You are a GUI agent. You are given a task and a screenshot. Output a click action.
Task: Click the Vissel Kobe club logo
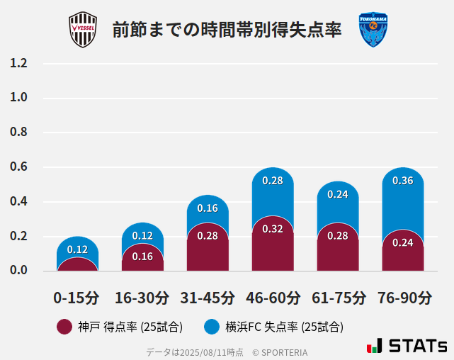[x=82, y=30]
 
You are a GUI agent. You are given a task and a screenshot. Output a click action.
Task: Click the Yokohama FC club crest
[x=373, y=30]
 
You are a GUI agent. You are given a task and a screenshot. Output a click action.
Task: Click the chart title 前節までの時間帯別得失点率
[x=227, y=30]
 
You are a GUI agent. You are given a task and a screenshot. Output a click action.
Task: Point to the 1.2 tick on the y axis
[x=18, y=63]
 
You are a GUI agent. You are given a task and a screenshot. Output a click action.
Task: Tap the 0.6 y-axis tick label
[x=18, y=167]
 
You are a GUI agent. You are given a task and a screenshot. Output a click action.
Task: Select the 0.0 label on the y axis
[x=18, y=271]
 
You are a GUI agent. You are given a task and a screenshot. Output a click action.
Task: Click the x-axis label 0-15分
[x=76, y=298]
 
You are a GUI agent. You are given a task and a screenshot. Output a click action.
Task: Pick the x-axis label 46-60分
[x=272, y=298]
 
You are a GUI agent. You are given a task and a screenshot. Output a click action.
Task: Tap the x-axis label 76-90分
[x=404, y=298]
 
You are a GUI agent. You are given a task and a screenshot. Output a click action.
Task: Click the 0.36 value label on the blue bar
[x=402, y=181]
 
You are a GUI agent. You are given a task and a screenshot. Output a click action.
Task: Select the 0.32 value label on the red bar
[x=273, y=229]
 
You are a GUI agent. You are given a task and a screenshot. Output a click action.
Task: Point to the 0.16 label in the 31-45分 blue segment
[x=208, y=208]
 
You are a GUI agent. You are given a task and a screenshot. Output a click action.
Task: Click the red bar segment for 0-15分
[x=77, y=264]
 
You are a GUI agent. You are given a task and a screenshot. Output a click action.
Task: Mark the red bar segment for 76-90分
[x=402, y=252]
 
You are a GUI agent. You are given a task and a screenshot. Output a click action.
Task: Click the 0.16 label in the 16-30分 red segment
[x=142, y=257]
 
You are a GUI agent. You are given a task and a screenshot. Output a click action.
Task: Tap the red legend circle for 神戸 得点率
[x=64, y=327]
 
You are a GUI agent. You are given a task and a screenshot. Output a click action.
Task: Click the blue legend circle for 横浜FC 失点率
[x=211, y=327]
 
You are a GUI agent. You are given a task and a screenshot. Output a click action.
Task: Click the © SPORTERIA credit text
[x=280, y=352]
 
